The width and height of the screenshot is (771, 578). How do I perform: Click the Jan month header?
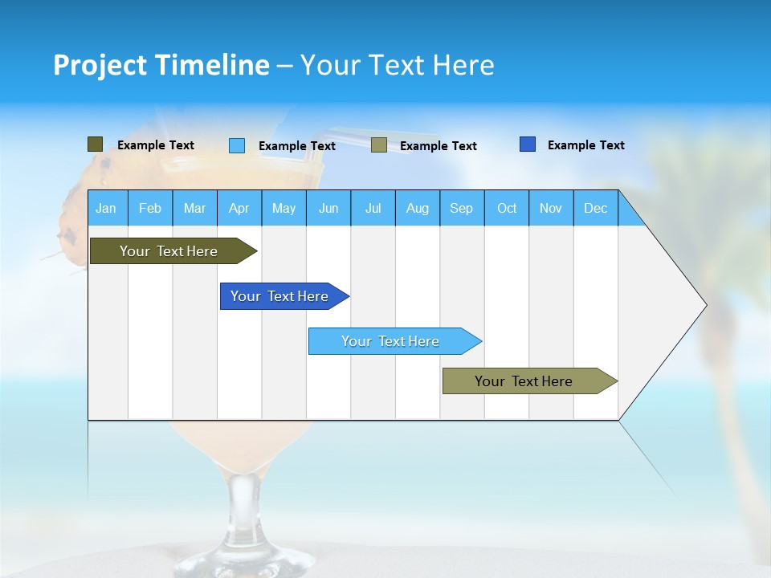[x=107, y=208]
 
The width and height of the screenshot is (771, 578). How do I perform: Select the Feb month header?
[x=150, y=208]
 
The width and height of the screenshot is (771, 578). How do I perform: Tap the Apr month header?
[x=239, y=208]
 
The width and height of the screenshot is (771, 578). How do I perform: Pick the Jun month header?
[x=328, y=208]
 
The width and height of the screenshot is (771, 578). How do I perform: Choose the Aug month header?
[x=418, y=208]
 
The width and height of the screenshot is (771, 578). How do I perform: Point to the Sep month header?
[x=462, y=208]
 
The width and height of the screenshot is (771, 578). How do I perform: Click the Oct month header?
[x=507, y=208]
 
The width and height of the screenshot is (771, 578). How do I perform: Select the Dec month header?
[x=596, y=208]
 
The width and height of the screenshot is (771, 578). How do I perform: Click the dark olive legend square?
[x=96, y=144]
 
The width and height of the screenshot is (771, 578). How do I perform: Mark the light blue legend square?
[x=237, y=145]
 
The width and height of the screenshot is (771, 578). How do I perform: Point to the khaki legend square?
[x=379, y=145]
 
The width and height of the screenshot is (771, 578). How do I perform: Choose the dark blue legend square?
[x=528, y=144]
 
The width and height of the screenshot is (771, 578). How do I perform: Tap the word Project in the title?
[x=100, y=65]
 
